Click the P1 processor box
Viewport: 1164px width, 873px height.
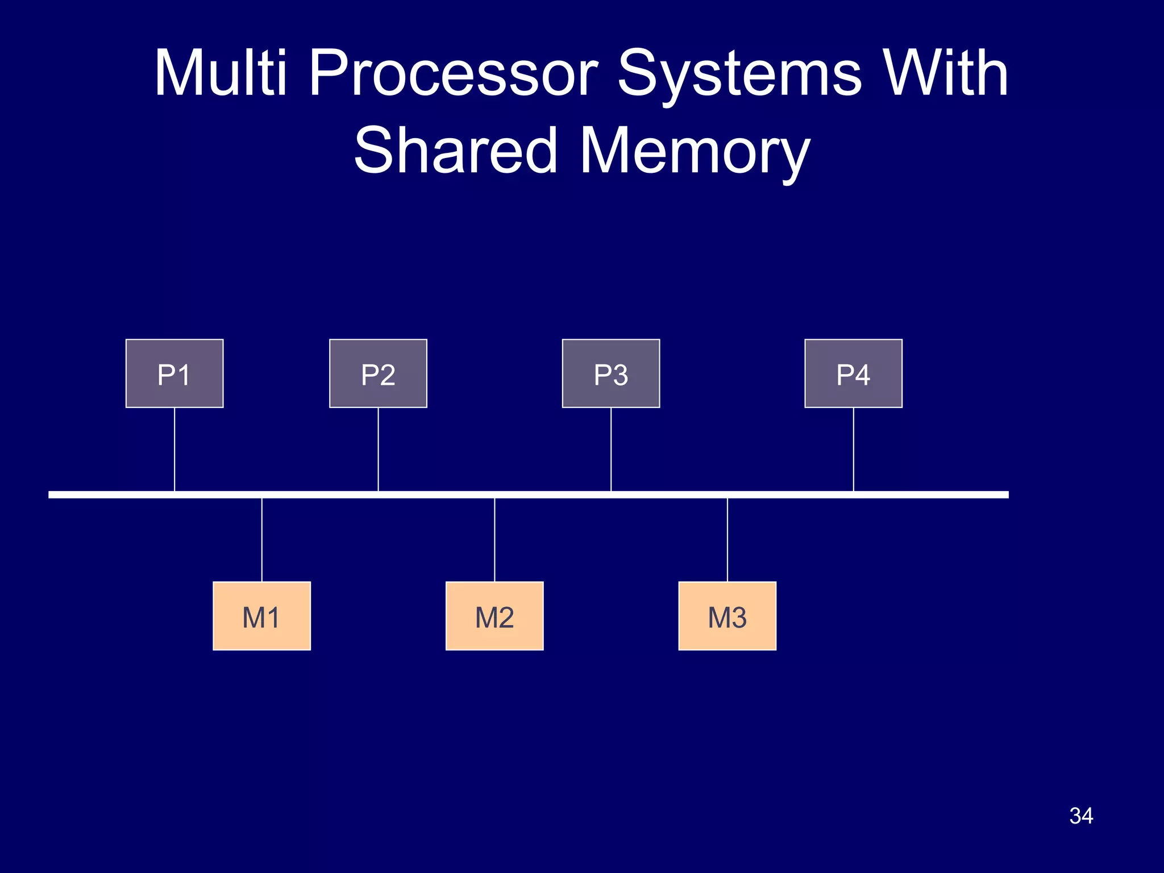[174, 373]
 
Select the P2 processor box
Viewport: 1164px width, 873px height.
[378, 373]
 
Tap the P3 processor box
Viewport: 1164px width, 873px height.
[611, 373]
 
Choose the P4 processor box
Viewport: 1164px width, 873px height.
[853, 373]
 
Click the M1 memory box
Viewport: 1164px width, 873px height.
[261, 616]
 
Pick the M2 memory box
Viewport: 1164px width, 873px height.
[494, 616]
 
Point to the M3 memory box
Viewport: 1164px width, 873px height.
[727, 616]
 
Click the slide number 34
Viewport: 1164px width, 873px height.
[1081, 816]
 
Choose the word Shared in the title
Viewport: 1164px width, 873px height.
[455, 150]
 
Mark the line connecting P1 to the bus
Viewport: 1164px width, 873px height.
[174, 449]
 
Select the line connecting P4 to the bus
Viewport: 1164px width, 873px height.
[854, 449]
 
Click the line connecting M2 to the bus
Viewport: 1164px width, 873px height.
[494, 540]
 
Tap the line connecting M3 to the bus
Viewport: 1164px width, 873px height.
[727, 540]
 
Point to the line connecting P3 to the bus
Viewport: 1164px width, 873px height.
[611, 449]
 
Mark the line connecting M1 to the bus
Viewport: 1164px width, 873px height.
[262, 540]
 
